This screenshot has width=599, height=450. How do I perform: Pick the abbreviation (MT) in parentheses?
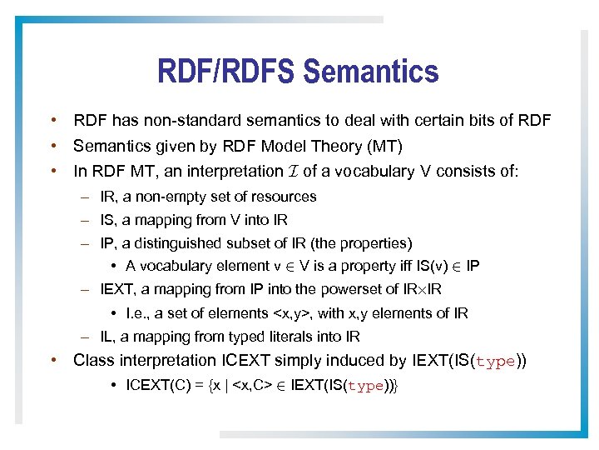click(x=384, y=147)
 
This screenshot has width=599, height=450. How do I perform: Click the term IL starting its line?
click(x=107, y=337)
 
